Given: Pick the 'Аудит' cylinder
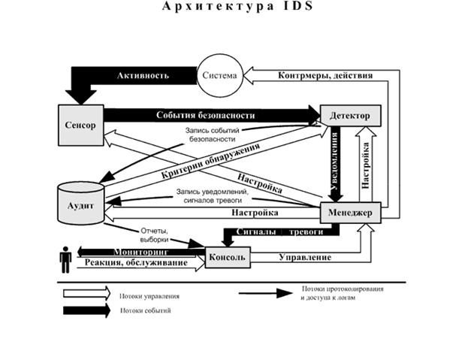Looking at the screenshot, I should (80, 204).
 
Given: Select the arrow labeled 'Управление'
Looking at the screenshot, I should (304, 258).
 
